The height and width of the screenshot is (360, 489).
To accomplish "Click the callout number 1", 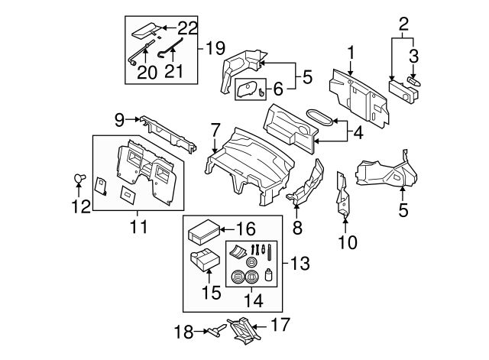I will (351, 53).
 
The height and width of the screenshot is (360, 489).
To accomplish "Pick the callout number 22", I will (187, 28).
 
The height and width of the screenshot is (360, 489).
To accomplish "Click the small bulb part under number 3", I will (416, 81).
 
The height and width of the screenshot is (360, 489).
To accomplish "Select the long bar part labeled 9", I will (165, 133).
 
